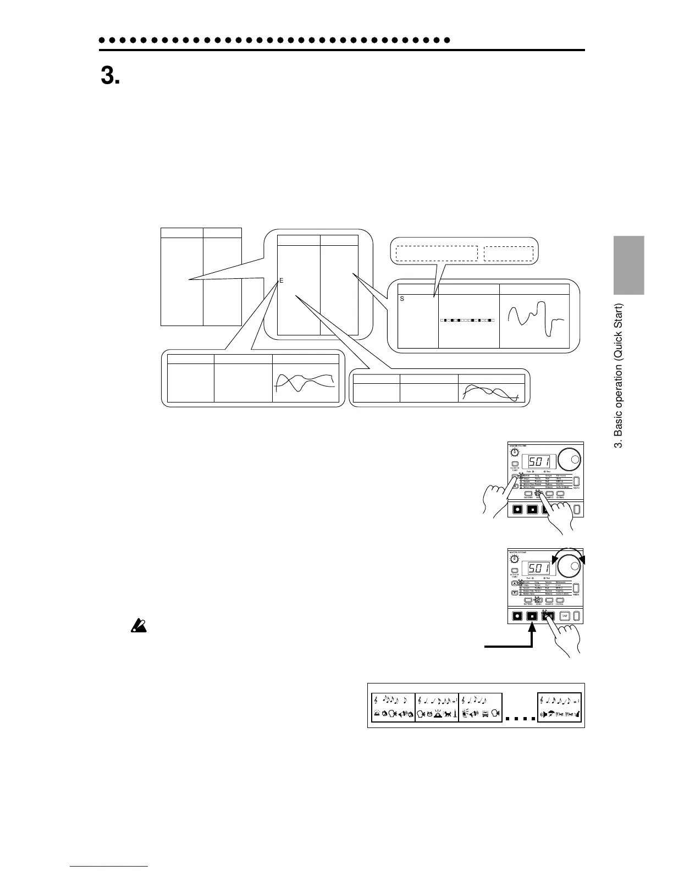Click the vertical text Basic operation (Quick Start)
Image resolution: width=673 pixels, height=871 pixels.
tap(619, 375)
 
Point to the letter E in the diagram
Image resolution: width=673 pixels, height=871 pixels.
tap(281, 280)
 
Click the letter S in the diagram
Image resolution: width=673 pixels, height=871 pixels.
tap(402, 299)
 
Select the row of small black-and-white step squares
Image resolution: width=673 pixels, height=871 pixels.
tap(467, 320)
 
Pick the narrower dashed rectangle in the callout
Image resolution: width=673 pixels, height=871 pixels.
tap(509, 253)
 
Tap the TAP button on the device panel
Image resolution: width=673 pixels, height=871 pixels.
tap(564, 616)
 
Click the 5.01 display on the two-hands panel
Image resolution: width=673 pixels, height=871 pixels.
tap(539, 460)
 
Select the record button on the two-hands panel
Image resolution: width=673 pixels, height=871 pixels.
tap(517, 509)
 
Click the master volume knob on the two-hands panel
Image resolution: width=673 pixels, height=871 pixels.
tap(514, 452)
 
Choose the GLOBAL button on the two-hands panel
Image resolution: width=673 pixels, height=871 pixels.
tap(560, 493)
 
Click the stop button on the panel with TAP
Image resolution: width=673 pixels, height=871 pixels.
tap(532, 616)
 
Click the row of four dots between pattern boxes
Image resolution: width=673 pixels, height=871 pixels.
tap(520, 719)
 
